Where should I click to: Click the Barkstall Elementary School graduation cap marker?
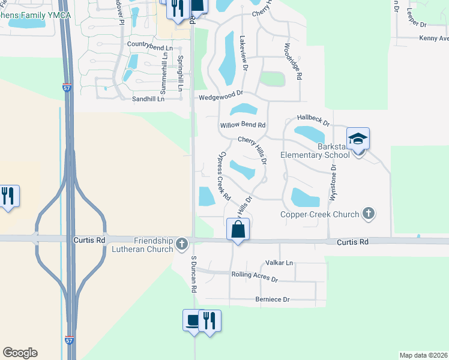(358, 140)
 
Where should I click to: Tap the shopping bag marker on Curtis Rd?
(238, 229)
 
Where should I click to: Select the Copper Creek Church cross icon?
(369, 214)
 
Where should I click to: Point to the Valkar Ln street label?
(280, 263)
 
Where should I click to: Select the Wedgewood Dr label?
(220, 94)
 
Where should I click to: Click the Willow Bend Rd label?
(243, 125)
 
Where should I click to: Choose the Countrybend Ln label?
(149, 46)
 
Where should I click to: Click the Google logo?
(20, 353)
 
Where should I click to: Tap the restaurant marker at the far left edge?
(8, 197)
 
